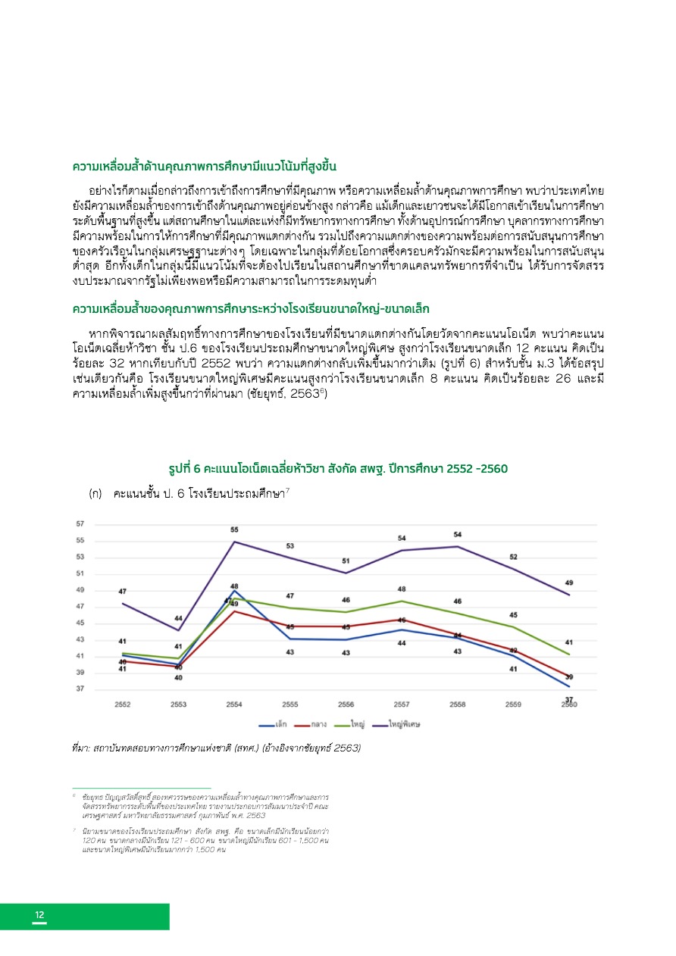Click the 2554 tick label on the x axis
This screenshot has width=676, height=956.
tap(234, 705)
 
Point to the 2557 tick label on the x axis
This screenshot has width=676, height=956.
tap(402, 705)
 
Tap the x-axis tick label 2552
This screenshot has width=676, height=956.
tap(122, 705)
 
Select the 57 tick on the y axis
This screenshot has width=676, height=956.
tap(80, 524)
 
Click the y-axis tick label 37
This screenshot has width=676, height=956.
tap(80, 689)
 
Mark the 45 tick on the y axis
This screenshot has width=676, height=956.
tap(80, 623)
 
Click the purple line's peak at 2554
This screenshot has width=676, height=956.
tap(234, 542)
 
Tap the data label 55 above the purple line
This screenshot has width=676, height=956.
tap(234, 530)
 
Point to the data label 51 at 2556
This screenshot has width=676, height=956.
tap(346, 561)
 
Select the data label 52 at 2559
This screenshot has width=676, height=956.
tap(513, 558)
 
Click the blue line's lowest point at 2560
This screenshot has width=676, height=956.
tap(568, 686)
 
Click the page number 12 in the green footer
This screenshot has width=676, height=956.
tap(39, 915)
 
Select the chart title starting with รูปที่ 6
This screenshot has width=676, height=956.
tap(338, 468)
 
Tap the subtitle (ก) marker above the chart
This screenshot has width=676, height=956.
tap(95, 493)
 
